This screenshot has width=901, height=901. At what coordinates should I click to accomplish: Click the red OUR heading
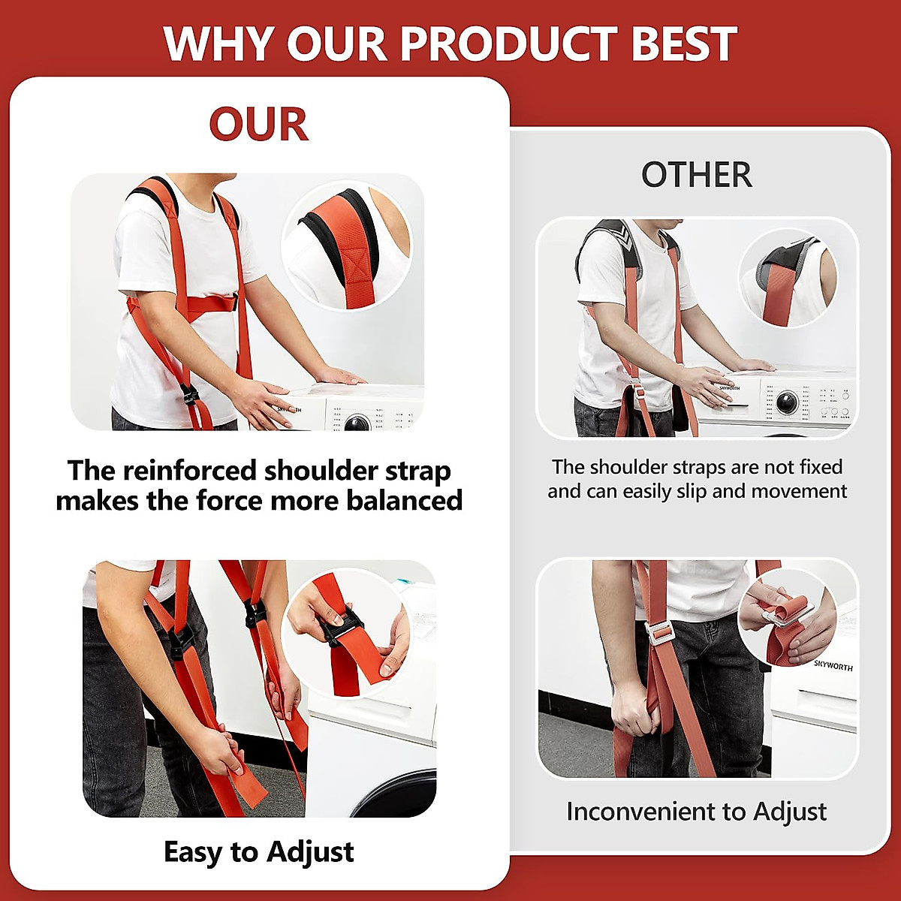258,125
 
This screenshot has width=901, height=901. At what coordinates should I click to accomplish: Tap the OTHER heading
696,175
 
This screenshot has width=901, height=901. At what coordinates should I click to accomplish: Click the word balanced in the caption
404,500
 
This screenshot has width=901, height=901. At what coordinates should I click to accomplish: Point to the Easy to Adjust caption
258,852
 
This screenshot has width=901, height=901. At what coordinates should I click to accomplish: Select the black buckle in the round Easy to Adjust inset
339,624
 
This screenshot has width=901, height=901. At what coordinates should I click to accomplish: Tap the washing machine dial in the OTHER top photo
787,402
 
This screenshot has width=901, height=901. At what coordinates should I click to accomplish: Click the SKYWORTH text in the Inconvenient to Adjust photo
833,665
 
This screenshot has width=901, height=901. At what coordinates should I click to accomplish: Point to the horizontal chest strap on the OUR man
211,305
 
